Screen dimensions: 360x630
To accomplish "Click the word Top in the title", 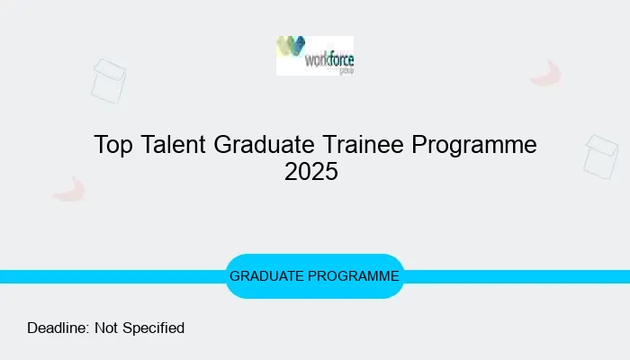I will coord(114,145).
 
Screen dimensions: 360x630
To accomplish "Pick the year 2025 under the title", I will coord(311,172).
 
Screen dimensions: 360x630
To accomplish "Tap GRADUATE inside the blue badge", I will coord(267,276).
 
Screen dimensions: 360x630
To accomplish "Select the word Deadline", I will coord(58,328).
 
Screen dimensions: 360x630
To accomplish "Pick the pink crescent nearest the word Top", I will coord(69,189).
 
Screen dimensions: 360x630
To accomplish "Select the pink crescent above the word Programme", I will coord(546,74).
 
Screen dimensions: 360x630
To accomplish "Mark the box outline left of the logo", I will coord(108,80).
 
